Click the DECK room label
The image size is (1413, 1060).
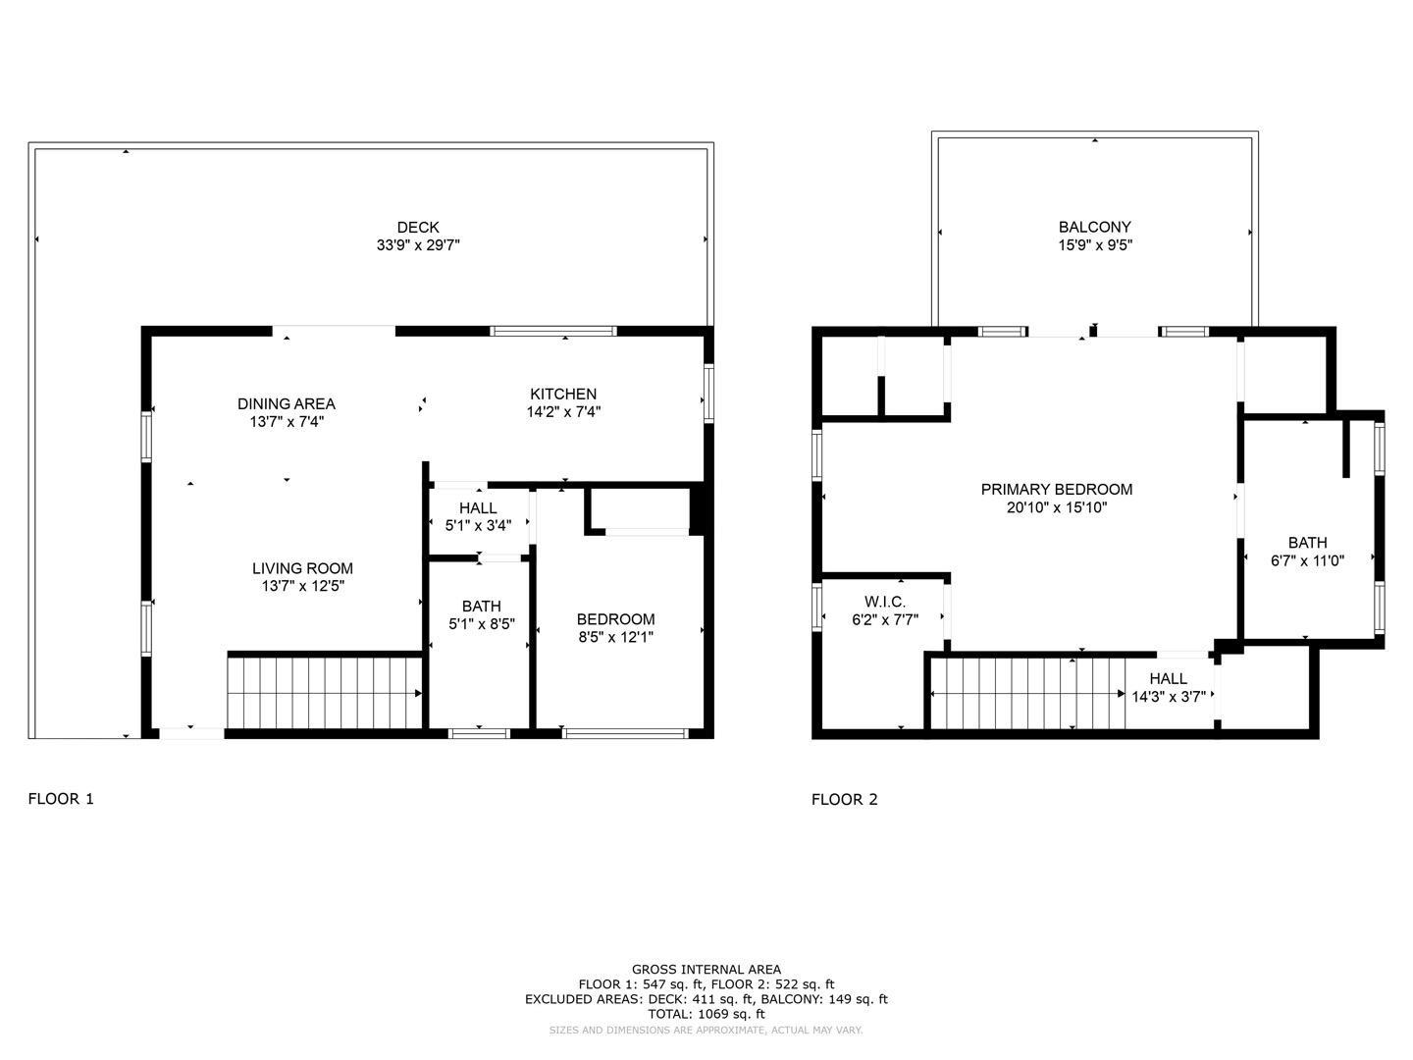[x=418, y=227]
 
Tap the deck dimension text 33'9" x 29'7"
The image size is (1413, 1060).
[x=418, y=245]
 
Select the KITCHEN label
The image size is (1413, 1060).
[x=563, y=394]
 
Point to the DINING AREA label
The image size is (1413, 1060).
[x=287, y=403]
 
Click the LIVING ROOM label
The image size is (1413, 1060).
[x=302, y=568]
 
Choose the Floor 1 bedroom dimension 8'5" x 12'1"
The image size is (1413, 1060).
[x=615, y=637]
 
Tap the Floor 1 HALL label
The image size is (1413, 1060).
[x=478, y=507]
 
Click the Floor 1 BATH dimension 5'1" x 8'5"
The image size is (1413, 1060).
[x=481, y=624]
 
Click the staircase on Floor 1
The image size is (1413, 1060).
[x=324, y=693]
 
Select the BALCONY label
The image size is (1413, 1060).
[x=1095, y=227]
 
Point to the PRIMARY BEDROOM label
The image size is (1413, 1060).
[x=1057, y=489]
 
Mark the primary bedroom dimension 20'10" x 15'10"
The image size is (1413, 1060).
[x=1057, y=507]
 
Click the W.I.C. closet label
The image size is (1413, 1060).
[x=885, y=601]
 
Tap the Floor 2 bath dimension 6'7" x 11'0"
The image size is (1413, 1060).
[x=1307, y=560]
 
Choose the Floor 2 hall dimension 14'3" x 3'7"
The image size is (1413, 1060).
[x=1169, y=697]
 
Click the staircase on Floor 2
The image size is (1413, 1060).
[x=1025, y=694]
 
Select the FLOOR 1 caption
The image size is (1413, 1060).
[x=61, y=799]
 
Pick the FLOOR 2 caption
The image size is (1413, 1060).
[x=845, y=799]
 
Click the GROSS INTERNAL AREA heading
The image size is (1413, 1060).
[x=706, y=970]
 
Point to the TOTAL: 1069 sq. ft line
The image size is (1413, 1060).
[x=706, y=1014]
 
